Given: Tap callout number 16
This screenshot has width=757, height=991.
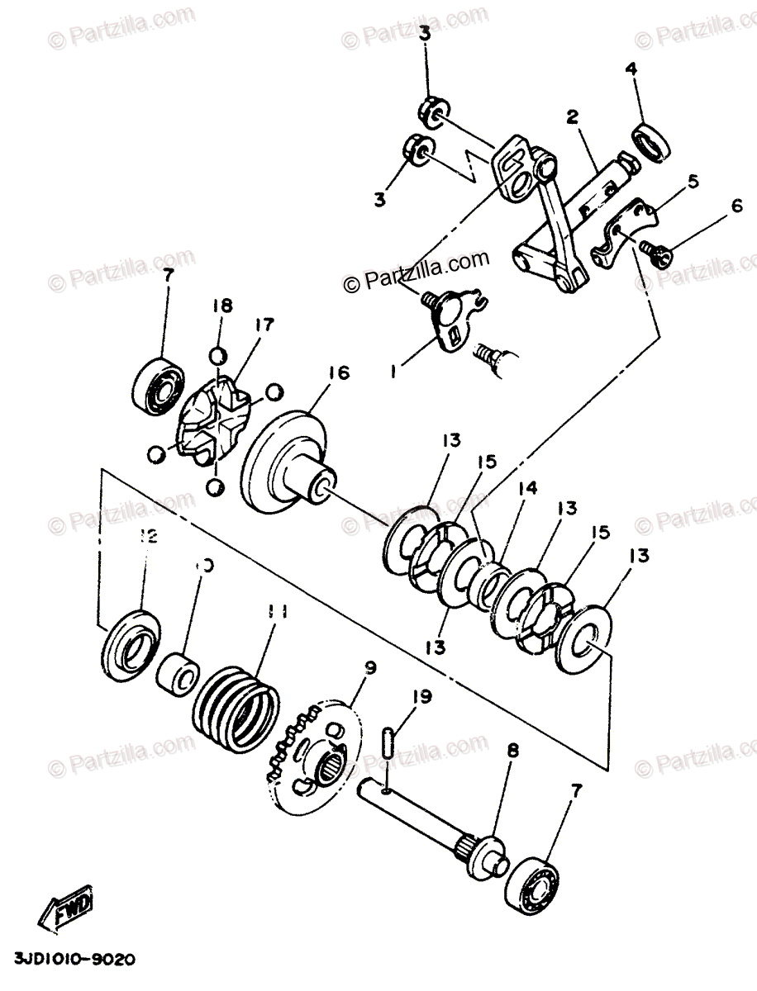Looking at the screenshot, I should click(x=339, y=373).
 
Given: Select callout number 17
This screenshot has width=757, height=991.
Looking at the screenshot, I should click(x=264, y=325).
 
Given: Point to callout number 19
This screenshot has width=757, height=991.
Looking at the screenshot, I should click(x=422, y=697).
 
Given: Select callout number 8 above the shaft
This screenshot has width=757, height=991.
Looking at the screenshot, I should click(x=512, y=752).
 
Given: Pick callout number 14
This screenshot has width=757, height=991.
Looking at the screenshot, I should click(x=527, y=489).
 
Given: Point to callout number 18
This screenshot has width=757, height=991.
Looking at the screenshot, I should click(x=221, y=305).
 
